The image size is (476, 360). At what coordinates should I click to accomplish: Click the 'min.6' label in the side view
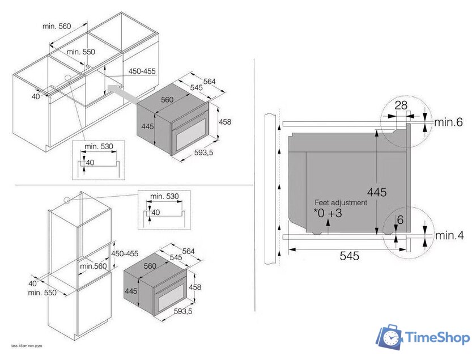coord(449,121)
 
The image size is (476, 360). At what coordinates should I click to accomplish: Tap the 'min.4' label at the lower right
coord(449,235)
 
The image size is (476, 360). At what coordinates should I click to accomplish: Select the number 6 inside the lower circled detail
coord(400,221)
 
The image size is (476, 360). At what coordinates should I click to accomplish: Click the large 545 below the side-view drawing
coord(350,257)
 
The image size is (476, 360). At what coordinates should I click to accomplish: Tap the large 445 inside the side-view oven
coord(376,192)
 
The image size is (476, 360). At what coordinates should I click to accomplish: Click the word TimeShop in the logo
coord(437,338)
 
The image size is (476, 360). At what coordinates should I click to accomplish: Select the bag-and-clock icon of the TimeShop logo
coord(390,337)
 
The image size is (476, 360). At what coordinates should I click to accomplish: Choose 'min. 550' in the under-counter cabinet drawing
coord(81,52)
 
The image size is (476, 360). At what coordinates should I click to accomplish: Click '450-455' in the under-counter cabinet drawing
coord(142,71)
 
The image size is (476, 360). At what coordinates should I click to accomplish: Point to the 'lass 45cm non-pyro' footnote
coord(23,345)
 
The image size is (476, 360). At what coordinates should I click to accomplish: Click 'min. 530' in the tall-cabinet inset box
coord(164,196)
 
